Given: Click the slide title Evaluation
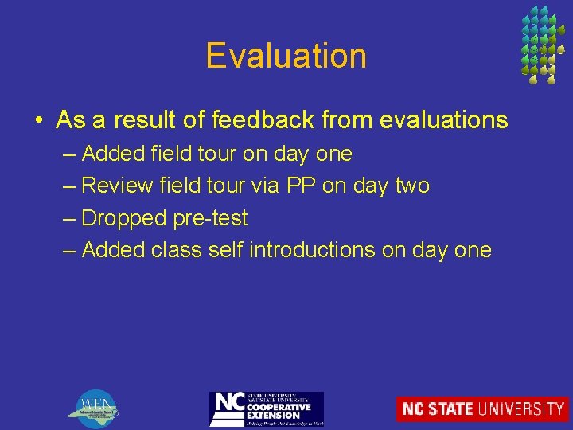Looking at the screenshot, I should pyautogui.click(x=286, y=56).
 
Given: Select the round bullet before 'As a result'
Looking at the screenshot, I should pyautogui.click(x=39, y=121).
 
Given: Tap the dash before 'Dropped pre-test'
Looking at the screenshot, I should pyautogui.click(x=69, y=218).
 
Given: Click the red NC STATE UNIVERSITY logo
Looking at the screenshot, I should pyautogui.click(x=482, y=408).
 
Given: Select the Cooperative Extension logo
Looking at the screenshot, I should pyautogui.click(x=266, y=408).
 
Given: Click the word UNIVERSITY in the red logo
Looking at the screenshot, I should pyautogui.click(x=521, y=408).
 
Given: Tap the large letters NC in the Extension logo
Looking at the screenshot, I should pyautogui.click(x=228, y=405).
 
